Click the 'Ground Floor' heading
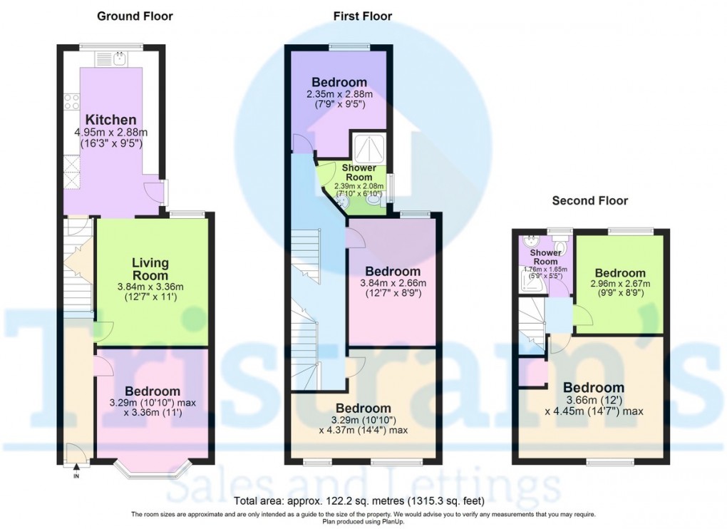tap(134, 16)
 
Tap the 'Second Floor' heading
tap(590, 201)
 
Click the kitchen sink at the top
tap(119, 56)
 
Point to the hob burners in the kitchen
tap(71, 101)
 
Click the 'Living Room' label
tap(150, 269)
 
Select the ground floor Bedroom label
tap(153, 391)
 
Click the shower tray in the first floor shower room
tap(368, 148)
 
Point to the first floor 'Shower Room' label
tap(359, 172)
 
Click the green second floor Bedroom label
tap(620, 273)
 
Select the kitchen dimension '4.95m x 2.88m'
tap(110, 133)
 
